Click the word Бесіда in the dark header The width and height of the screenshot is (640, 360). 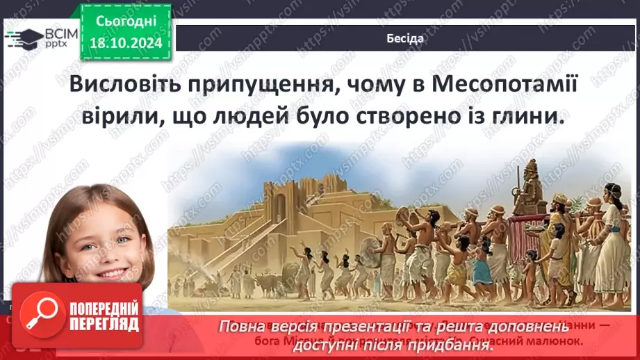[x=404, y=39]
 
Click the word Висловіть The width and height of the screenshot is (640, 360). [x=123, y=85]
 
